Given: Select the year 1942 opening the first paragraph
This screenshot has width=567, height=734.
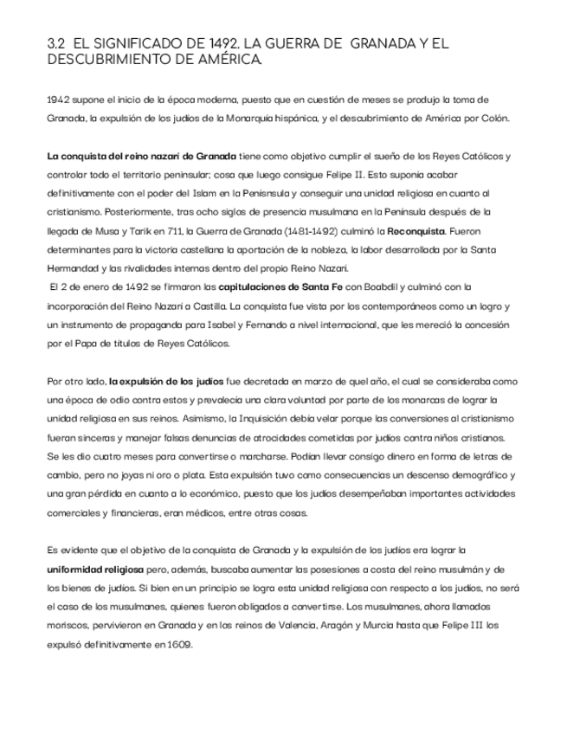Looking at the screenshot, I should point(59,100).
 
